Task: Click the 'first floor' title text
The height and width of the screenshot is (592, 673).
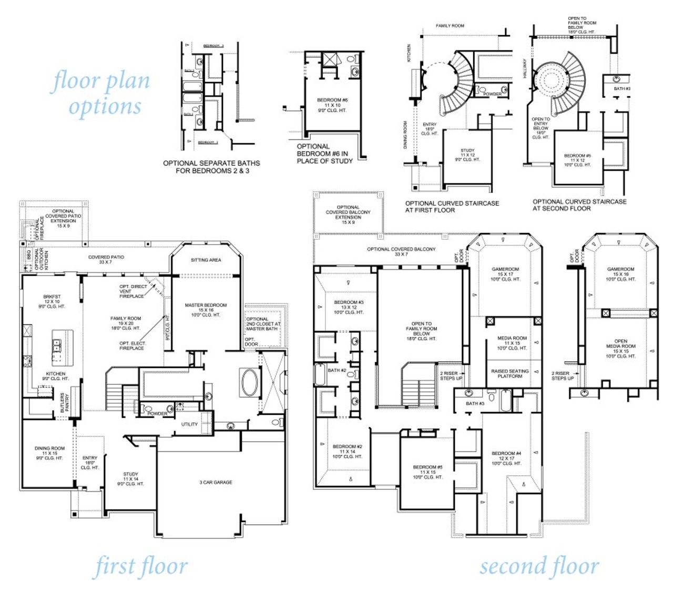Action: [141, 567]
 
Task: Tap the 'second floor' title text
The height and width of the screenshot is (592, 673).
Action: [539, 567]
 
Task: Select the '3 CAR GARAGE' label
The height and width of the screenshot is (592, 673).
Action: [216, 482]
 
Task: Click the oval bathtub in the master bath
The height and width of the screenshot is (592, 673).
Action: [249, 382]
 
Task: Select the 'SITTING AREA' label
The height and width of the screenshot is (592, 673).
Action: [206, 260]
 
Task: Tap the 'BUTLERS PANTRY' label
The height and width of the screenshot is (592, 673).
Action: [65, 403]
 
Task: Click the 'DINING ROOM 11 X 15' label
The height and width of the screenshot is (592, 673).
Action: [49, 453]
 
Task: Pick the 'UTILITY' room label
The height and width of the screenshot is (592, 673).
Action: [189, 424]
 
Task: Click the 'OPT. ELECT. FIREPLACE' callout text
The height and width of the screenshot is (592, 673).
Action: [132, 345]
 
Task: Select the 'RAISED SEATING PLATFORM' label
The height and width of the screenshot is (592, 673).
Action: [509, 373]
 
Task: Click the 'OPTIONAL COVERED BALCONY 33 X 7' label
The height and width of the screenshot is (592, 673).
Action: [401, 251]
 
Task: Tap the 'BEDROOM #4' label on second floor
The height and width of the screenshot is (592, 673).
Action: [506, 458]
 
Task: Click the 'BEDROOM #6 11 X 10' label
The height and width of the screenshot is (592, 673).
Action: [332, 105]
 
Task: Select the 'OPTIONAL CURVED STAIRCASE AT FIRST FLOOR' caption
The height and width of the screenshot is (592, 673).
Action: [452, 206]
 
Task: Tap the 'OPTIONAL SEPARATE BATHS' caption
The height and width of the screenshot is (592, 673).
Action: [211, 167]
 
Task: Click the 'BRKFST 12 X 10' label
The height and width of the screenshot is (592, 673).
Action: [52, 301]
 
